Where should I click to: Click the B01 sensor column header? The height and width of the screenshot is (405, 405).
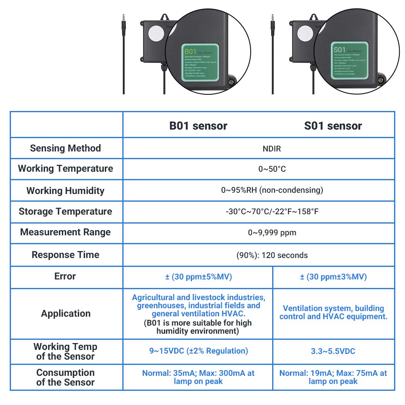(198, 126)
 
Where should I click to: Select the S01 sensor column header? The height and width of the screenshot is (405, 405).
(333, 126)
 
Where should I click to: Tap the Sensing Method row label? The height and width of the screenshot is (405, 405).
(66, 148)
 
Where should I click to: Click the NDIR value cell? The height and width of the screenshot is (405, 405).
(272, 149)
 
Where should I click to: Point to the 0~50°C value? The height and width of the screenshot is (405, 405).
(272, 169)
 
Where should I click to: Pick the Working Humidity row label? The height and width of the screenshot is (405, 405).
(66, 191)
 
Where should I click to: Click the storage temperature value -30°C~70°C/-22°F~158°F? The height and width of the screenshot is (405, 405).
(272, 211)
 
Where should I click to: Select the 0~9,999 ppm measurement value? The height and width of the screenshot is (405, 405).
(272, 232)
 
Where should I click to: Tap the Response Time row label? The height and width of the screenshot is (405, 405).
(66, 255)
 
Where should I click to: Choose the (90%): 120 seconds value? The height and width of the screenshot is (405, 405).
(272, 255)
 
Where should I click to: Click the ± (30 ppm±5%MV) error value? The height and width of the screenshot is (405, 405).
(198, 277)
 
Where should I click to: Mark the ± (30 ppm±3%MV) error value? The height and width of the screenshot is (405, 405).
(333, 277)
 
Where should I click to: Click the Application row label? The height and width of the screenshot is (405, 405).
(66, 313)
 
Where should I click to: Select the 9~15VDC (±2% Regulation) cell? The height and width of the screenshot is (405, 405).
(198, 351)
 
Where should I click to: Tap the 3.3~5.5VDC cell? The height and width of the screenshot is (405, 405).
(333, 351)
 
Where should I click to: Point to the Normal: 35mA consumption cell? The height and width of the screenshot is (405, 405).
(198, 377)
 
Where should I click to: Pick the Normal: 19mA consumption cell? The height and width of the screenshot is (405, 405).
(333, 377)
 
